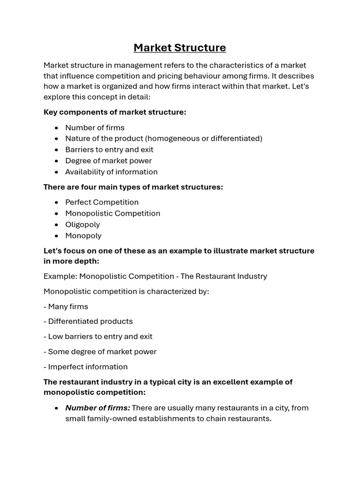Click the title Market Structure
pos(180,48)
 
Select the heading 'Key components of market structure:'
pos(115,112)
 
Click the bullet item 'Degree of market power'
pos(108,161)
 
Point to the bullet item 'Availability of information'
pos(111,172)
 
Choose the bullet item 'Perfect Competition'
pos(102,202)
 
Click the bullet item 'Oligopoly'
pos(82,225)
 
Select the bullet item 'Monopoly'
pos(83,236)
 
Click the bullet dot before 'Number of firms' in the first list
pos(56,127)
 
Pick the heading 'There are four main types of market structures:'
pos(133,187)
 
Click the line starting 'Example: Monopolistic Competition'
pos(155,276)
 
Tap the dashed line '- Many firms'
pos(66,307)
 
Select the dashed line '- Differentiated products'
pos(88,322)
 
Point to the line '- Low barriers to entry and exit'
pos(98,337)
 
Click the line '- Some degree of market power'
pos(100,352)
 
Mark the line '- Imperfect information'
pos(85,367)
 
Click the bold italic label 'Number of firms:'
pos(97,408)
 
